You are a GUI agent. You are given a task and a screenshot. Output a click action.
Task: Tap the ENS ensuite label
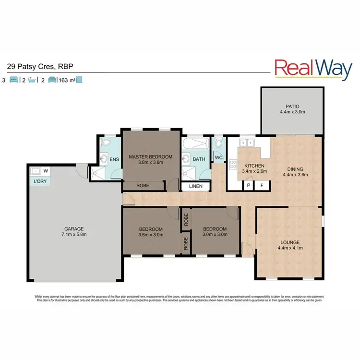click(x=114, y=159)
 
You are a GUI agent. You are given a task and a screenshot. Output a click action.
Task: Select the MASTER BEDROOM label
click(x=150, y=156)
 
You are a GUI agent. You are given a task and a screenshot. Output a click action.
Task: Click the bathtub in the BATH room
click(x=195, y=144)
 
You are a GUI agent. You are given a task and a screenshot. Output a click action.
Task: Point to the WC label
click(x=218, y=157)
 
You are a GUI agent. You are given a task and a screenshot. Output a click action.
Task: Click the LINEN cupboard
click(x=196, y=186)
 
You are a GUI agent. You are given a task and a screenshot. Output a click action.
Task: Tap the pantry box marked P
click(x=249, y=185)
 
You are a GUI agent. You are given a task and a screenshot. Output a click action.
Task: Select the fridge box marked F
click(x=262, y=185)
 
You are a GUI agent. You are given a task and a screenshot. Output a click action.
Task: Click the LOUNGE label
click(x=288, y=242)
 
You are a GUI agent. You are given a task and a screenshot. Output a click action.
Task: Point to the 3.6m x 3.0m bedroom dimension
click(x=150, y=236)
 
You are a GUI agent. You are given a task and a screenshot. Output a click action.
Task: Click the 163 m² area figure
click(x=65, y=81)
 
